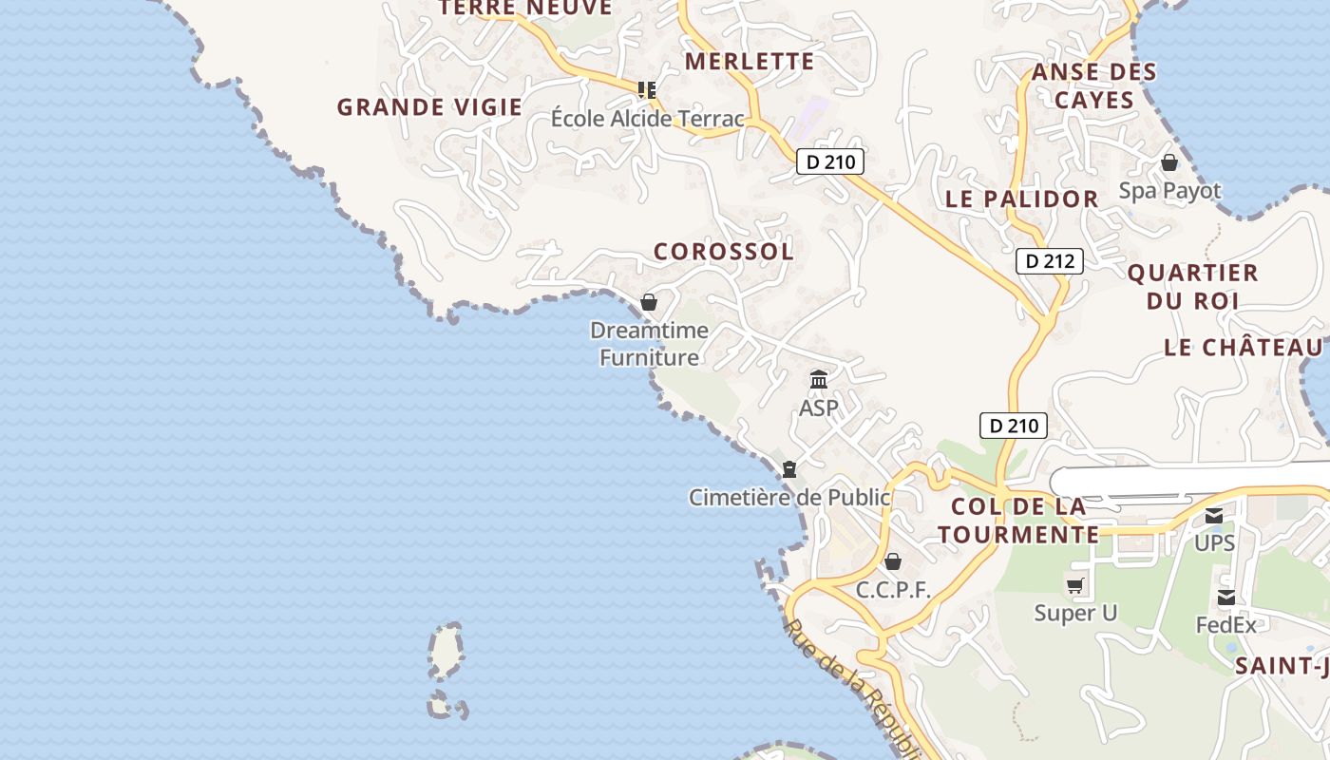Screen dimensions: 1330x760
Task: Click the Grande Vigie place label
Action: point(429,107)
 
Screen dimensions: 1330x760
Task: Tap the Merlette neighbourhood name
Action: point(750,62)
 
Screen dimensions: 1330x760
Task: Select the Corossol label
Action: point(724,252)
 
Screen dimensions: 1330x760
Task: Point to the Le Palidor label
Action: point(1022,199)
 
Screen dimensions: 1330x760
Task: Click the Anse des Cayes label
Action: point(1094,85)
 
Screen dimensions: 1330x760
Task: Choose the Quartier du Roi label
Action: point(1192,287)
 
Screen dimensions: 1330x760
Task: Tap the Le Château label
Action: point(1244,348)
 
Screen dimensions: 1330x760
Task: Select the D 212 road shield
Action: point(1050,261)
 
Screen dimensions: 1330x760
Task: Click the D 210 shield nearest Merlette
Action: point(830,162)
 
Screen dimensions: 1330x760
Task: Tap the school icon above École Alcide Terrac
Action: point(648,90)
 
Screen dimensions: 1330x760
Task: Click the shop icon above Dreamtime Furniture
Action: point(649,303)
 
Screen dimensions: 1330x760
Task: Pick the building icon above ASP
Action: point(819,381)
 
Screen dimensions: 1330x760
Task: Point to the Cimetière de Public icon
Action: point(788,469)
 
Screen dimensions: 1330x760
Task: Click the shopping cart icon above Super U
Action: point(1075,586)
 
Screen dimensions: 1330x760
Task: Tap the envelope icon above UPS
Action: point(1214,516)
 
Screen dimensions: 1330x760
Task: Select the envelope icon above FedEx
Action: point(1226,598)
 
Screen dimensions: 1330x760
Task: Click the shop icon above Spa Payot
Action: point(1169,162)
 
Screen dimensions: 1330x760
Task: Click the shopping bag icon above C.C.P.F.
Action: point(893,561)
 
